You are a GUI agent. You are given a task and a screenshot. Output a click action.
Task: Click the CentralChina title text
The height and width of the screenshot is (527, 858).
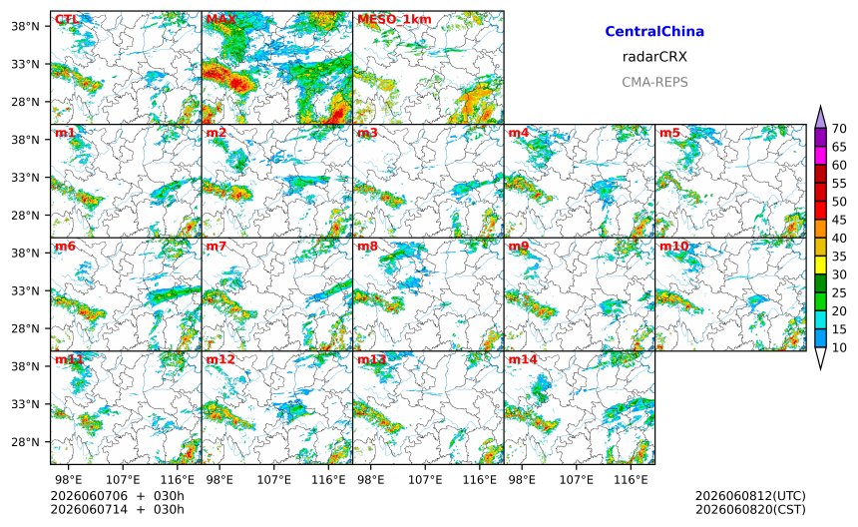[x=654, y=31]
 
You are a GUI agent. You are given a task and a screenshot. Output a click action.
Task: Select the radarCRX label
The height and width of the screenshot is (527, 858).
[x=654, y=56]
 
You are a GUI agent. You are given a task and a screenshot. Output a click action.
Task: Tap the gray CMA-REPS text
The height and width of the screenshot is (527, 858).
[x=654, y=82]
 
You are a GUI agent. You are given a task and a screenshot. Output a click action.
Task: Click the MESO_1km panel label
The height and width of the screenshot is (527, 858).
[x=394, y=20]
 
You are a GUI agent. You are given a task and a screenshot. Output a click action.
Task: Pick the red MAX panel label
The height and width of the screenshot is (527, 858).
[x=221, y=19]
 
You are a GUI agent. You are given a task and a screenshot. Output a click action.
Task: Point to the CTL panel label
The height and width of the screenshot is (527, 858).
[x=67, y=19]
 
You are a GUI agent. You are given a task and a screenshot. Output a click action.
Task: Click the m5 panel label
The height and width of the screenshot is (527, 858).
[x=669, y=133]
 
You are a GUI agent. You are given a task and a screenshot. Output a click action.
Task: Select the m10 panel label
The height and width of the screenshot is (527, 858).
[x=673, y=246]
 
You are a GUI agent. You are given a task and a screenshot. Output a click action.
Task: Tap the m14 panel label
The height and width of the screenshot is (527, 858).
[x=523, y=359]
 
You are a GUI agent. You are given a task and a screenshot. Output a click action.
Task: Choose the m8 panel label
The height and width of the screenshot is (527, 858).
[x=367, y=246]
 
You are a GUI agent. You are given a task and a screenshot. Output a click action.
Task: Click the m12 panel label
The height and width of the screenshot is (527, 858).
[x=219, y=359]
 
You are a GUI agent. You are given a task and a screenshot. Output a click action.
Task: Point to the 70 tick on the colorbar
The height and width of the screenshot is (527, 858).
[x=839, y=129]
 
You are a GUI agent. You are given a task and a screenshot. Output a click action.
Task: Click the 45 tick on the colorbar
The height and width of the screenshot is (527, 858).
[x=839, y=220]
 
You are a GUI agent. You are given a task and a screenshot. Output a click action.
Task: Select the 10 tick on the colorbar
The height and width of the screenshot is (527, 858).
[x=839, y=347]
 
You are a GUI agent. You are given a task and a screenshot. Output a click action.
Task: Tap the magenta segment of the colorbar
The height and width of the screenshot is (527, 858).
[x=820, y=156]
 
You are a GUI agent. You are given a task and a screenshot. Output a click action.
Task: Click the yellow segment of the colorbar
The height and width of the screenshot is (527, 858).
[x=820, y=265]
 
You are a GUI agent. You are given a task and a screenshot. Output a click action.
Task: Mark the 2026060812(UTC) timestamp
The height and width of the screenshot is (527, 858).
[x=750, y=496]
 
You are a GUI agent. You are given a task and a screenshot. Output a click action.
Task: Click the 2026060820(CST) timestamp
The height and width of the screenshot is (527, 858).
[x=750, y=509]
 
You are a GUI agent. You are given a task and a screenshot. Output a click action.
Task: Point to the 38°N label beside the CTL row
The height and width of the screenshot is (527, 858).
[x=25, y=26]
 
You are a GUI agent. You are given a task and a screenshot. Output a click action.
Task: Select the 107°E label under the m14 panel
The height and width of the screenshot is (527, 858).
[x=577, y=480]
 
